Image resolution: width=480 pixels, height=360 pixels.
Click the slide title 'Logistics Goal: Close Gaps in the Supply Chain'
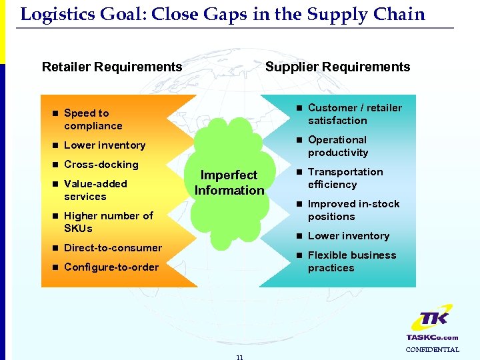click(x=223, y=15)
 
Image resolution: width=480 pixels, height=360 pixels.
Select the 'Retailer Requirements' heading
click(x=112, y=67)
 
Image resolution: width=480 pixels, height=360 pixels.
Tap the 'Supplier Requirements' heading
click(x=337, y=67)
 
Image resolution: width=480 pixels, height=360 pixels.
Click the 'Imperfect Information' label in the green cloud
click(x=229, y=183)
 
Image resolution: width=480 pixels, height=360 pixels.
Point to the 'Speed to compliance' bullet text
click(x=93, y=119)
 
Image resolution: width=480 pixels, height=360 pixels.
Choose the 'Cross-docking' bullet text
click(x=101, y=165)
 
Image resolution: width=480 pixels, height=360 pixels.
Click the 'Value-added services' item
click(x=95, y=190)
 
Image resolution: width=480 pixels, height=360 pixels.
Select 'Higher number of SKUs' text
click(x=108, y=222)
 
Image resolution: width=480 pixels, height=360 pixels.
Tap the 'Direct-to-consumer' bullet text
click(x=113, y=248)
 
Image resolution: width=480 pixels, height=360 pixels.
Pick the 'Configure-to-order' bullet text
click(x=111, y=267)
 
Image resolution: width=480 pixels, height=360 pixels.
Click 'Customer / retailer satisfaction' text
click(x=354, y=114)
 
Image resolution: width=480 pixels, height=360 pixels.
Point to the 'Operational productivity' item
click(x=337, y=146)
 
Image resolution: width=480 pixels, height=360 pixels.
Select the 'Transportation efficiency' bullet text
click(x=345, y=178)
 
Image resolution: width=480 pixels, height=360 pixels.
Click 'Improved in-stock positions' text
click(x=353, y=210)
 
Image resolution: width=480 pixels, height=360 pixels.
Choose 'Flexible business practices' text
click(x=351, y=261)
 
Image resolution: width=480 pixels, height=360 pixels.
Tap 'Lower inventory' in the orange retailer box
click(x=104, y=145)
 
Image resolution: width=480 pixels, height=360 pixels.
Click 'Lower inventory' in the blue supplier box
click(x=348, y=236)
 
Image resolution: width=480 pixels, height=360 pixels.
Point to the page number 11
click(x=239, y=357)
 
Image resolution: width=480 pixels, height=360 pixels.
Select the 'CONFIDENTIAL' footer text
click(x=433, y=349)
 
